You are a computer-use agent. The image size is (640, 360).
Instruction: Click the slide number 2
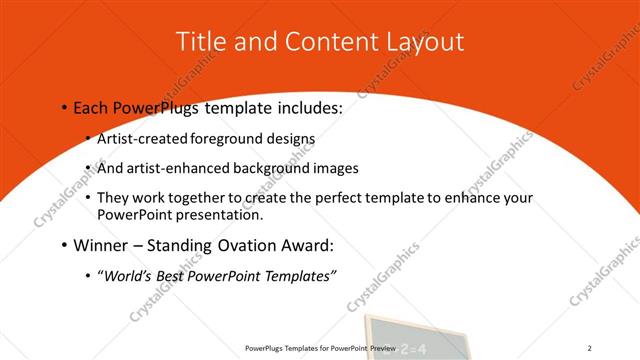[x=590, y=348]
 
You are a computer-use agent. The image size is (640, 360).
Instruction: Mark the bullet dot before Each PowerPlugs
[x=64, y=107]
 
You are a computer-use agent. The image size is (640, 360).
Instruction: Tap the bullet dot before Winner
[x=64, y=245]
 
